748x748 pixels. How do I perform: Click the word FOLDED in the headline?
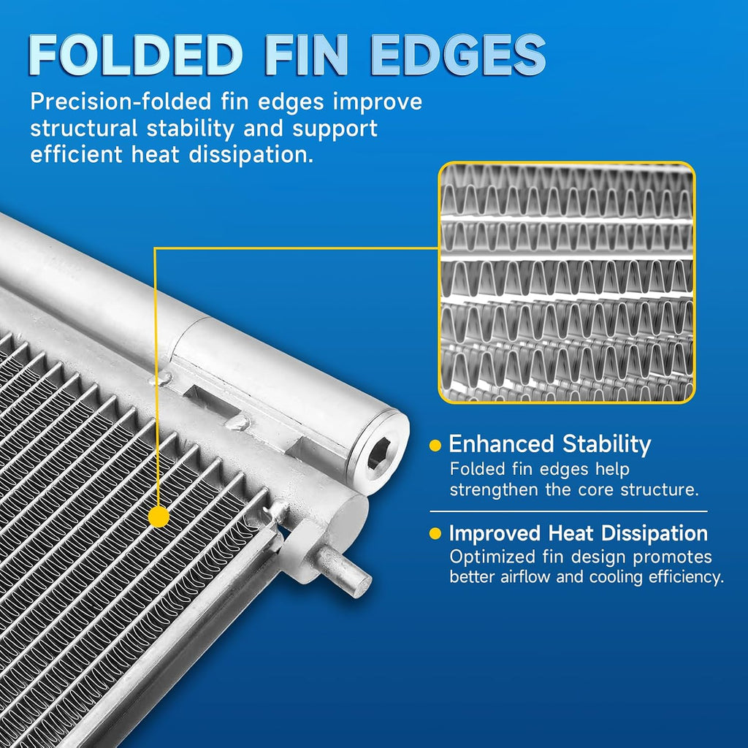(x=136, y=55)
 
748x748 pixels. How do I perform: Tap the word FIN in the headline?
(x=306, y=55)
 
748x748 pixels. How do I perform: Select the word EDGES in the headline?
(x=459, y=55)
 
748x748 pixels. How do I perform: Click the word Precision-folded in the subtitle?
(x=121, y=102)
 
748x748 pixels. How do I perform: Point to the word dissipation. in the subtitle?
(x=251, y=154)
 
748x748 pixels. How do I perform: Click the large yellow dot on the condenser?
(x=159, y=516)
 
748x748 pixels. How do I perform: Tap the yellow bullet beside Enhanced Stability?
(x=435, y=446)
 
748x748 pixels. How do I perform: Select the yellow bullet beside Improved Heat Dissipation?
(x=435, y=533)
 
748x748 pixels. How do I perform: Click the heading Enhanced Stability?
(x=550, y=444)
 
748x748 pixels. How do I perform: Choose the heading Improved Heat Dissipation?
(x=579, y=533)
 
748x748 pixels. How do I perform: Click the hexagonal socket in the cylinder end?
(x=379, y=453)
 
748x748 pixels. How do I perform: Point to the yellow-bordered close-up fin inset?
(x=566, y=283)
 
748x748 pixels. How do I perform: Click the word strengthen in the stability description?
(x=494, y=490)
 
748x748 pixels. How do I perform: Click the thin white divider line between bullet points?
(x=568, y=511)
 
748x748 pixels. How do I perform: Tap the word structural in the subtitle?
(x=84, y=128)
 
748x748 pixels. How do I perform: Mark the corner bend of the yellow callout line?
(x=155, y=248)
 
